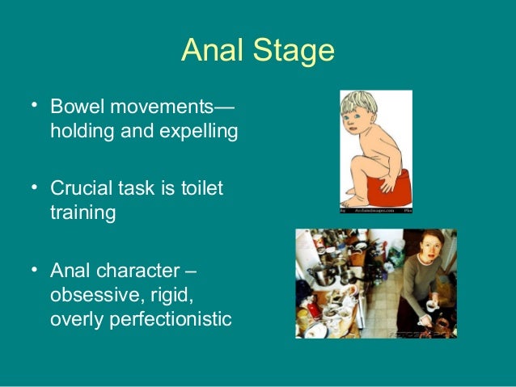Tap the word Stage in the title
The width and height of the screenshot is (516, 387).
click(x=292, y=53)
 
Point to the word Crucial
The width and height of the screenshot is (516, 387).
click(x=80, y=188)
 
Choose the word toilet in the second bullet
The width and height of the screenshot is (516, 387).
click(x=201, y=188)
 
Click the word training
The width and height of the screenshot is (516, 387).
click(x=82, y=213)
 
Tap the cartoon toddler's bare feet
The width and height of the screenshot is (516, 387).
click(x=357, y=197)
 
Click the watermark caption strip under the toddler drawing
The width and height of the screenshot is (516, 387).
click(x=375, y=210)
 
